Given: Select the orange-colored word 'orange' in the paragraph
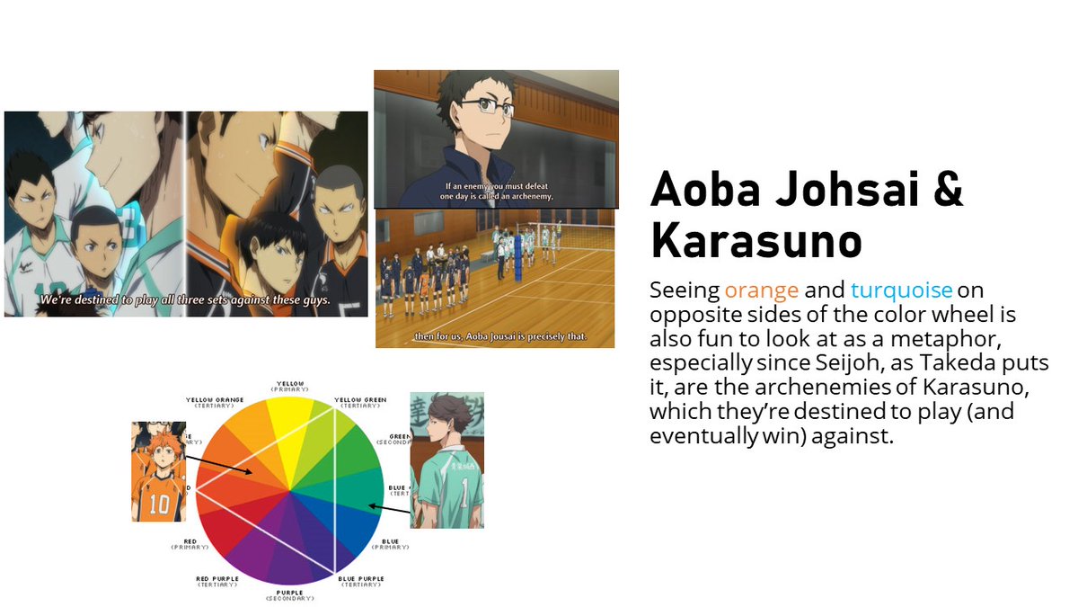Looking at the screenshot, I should click(x=761, y=290).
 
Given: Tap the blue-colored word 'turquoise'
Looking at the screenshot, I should click(x=901, y=290).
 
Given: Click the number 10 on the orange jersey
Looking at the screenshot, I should click(x=160, y=504).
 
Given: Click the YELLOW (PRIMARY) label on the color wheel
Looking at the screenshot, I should click(x=290, y=386).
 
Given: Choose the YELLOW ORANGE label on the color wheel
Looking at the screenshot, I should click(x=215, y=401).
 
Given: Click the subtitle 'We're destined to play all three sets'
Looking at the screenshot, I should click(x=184, y=301).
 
